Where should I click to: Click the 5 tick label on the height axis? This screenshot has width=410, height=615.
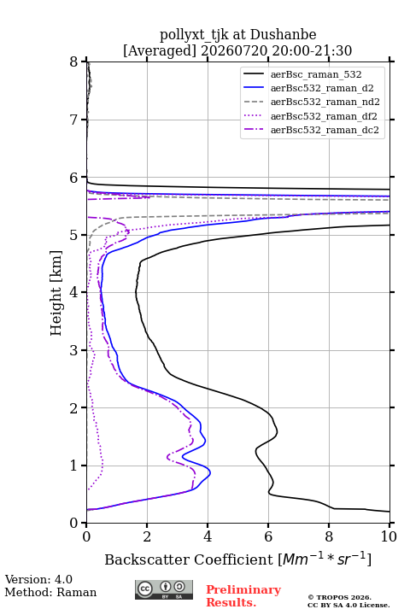[74, 235]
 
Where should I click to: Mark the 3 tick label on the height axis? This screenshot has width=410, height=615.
[74, 350]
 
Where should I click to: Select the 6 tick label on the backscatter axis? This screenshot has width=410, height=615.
[268, 536]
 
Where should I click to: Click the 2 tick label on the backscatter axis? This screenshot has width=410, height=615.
[147, 536]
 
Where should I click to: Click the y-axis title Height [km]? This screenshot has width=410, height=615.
[56, 293]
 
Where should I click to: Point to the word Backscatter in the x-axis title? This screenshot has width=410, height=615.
[149, 559]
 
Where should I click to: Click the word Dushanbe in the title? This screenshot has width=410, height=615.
[283, 35]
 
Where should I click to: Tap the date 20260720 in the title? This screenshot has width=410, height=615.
[234, 50]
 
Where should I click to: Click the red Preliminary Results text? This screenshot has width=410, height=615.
[243, 595]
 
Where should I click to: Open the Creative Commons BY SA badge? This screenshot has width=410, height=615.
[164, 589]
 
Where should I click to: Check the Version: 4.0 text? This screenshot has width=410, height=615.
[38, 579]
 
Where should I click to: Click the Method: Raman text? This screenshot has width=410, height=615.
[50, 592]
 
